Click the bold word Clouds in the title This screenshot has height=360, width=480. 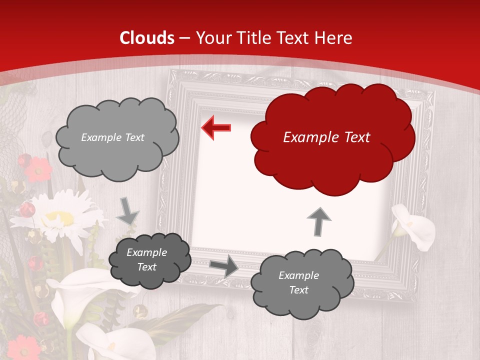[147, 38]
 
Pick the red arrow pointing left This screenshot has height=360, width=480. [216, 127]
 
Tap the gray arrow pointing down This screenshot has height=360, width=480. [128, 210]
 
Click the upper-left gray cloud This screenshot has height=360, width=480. [116, 137]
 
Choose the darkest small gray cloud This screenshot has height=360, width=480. [149, 260]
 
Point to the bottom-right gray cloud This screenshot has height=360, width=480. [301, 283]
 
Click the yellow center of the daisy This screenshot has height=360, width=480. [60, 218]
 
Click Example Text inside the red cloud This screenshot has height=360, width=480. [326, 137]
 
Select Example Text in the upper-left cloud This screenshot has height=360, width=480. [112, 137]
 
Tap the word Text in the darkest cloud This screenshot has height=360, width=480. [147, 267]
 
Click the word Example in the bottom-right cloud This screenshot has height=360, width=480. [298, 275]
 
